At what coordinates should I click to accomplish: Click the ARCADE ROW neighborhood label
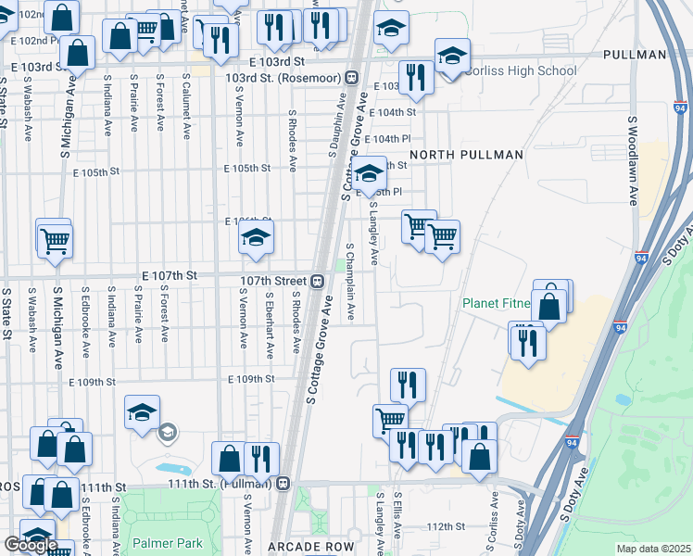311,547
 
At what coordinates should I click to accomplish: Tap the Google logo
30,545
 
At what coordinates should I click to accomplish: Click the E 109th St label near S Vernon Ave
251,379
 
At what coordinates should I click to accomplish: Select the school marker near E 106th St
256,237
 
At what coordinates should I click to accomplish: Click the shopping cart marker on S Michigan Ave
55,240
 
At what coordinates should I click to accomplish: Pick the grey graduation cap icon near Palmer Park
168,431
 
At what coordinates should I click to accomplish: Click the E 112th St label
446,526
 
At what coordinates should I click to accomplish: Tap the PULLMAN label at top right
634,55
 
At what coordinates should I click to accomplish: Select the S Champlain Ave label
350,284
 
